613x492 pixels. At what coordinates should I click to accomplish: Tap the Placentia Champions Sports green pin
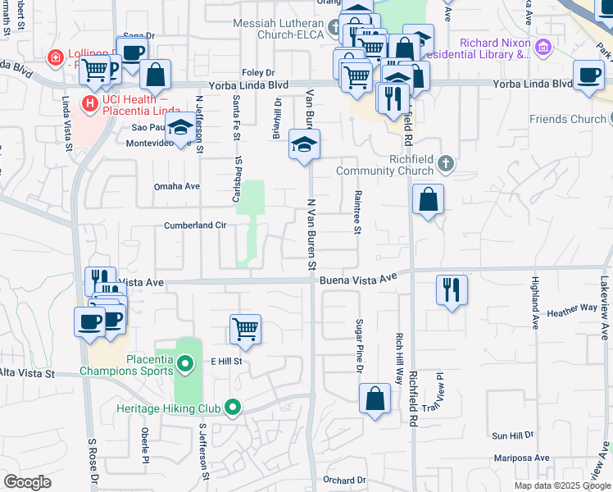click(x=186, y=362)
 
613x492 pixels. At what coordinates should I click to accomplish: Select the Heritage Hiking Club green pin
click(x=234, y=406)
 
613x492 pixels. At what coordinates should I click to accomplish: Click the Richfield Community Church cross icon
click(x=446, y=163)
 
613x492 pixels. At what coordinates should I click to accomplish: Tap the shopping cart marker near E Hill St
click(x=246, y=330)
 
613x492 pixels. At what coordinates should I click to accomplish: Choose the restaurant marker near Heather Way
click(x=452, y=289)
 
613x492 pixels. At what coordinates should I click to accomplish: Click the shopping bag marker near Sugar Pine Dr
click(x=375, y=399)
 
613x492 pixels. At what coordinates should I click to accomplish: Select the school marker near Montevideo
click(x=180, y=126)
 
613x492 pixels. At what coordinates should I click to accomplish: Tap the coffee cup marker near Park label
click(x=588, y=75)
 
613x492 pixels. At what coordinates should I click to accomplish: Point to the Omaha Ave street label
click(x=177, y=186)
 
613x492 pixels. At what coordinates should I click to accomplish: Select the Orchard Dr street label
click(x=343, y=481)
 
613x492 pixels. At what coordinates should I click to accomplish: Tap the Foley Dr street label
click(x=258, y=73)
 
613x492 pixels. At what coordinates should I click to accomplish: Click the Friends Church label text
click(x=566, y=120)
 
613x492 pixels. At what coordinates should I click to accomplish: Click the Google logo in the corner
click(x=28, y=482)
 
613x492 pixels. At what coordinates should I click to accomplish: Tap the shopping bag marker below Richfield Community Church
click(x=429, y=199)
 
